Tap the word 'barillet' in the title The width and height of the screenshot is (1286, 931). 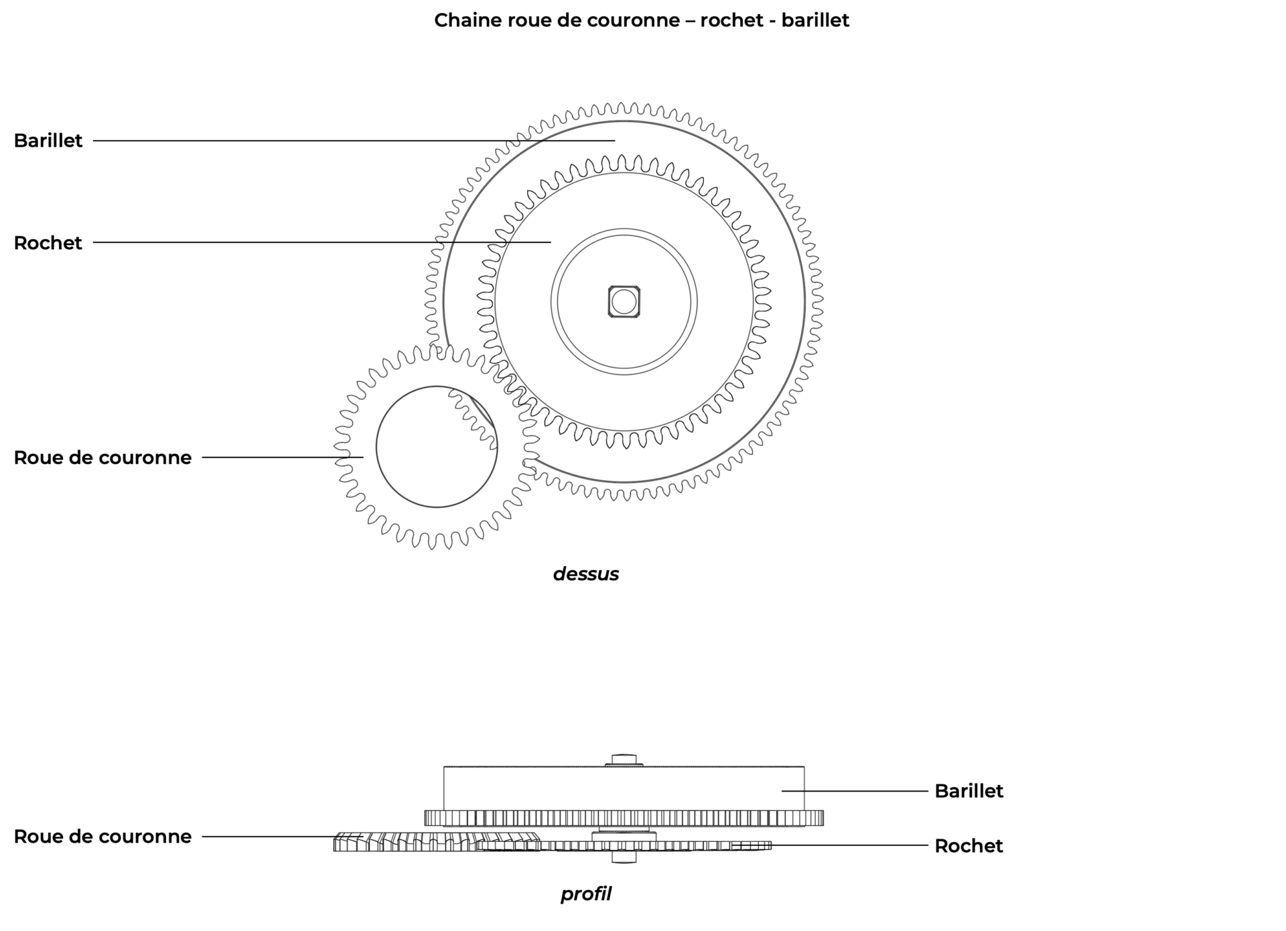click(815, 20)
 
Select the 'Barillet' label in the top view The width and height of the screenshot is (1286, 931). click(48, 141)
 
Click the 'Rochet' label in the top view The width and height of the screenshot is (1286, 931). click(48, 242)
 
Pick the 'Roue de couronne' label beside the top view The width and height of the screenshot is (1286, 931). click(102, 457)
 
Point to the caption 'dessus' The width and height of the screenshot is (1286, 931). click(585, 574)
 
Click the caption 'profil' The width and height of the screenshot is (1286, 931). click(585, 894)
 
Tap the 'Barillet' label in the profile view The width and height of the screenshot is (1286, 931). click(969, 791)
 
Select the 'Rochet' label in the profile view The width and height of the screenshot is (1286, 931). click(969, 846)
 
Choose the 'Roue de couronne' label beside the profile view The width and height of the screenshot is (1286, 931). click(102, 837)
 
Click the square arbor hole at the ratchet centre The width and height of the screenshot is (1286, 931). click(624, 301)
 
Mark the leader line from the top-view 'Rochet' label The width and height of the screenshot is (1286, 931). click(321, 242)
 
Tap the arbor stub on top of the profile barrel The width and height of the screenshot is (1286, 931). click(624, 760)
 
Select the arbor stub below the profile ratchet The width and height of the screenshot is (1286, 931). click(624, 857)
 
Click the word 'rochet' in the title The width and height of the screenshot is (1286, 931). click(731, 20)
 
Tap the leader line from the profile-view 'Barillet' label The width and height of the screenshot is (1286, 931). click(855, 791)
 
